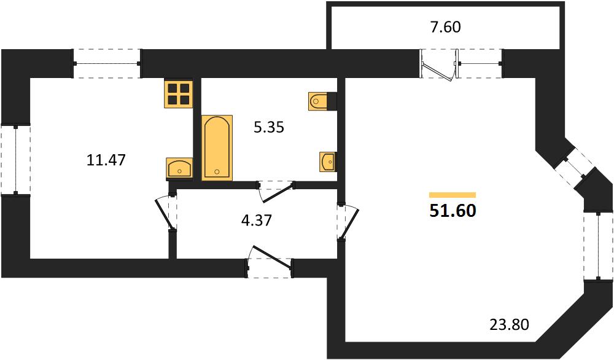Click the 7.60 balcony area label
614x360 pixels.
click(446, 27)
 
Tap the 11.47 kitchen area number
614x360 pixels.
click(106, 160)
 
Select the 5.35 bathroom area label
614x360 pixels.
click(269, 127)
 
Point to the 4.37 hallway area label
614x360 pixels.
click(257, 221)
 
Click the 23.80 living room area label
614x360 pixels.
click(510, 324)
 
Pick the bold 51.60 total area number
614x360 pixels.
click(453, 211)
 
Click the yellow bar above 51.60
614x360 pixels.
click(453, 195)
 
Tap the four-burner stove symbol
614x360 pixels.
click(179, 94)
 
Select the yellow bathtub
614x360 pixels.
click(217, 147)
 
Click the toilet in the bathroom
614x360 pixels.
click(323, 101)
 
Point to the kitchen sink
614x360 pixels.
click(180, 168)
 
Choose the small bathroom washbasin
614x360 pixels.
click(328, 162)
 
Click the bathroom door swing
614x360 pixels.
click(276, 192)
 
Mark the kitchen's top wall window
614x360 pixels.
click(107, 63)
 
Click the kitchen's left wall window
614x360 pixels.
click(16, 160)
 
